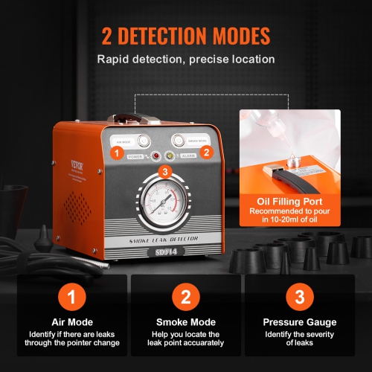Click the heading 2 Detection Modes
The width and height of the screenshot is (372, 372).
pyautogui.click(x=185, y=36)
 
